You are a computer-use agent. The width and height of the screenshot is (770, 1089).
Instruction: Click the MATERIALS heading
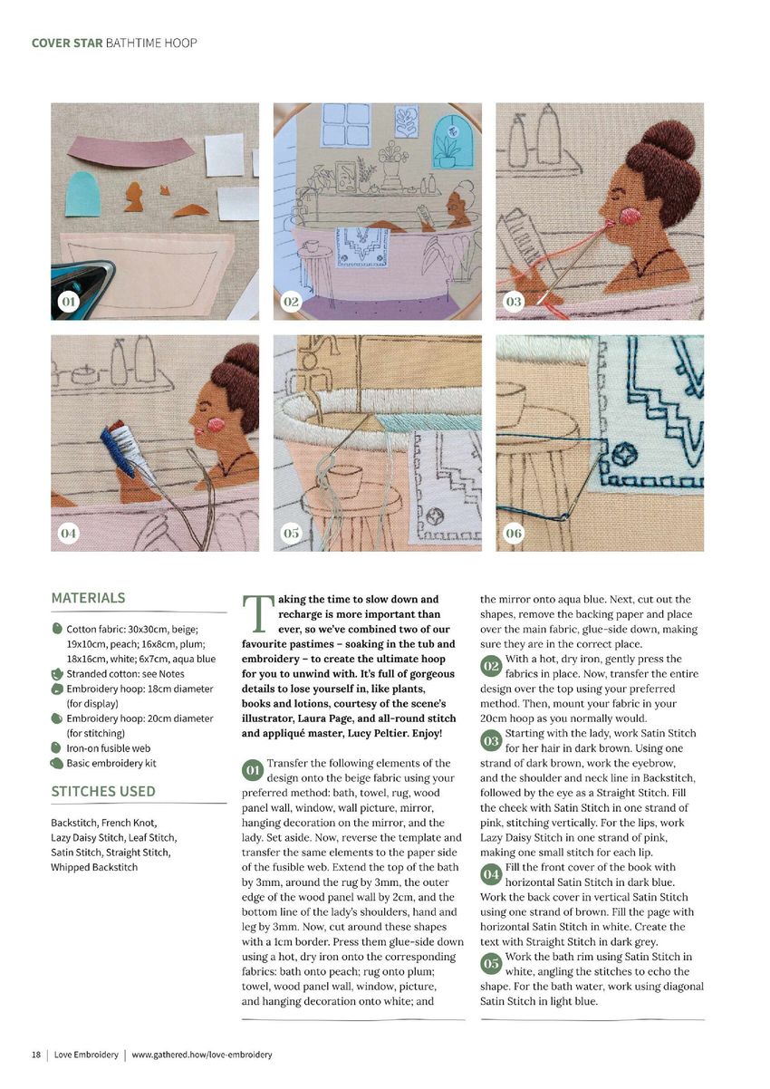click(88, 597)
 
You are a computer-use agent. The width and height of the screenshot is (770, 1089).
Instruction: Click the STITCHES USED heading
click(103, 791)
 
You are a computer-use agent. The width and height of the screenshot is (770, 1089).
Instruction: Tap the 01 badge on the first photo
click(69, 302)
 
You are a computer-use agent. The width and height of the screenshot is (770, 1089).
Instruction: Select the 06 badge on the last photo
click(514, 533)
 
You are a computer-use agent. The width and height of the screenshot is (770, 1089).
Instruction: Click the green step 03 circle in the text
click(490, 741)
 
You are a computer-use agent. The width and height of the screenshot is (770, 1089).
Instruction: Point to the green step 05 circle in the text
click(490, 964)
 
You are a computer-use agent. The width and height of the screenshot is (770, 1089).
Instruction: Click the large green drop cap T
click(257, 613)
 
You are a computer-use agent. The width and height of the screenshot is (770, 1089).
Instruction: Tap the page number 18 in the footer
click(36, 1055)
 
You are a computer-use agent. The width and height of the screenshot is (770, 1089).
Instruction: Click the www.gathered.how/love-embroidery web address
click(202, 1055)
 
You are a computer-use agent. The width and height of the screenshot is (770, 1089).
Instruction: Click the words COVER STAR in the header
click(67, 43)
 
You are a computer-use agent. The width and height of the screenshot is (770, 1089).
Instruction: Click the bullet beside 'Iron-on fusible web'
click(56, 747)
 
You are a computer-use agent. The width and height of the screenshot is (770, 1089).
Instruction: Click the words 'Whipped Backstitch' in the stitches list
click(94, 867)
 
